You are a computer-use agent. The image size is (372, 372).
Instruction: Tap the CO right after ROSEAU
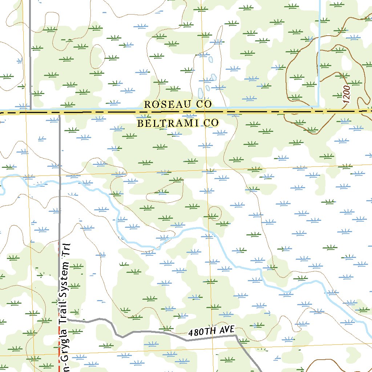click(204, 104)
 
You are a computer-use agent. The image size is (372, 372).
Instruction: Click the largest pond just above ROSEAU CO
click(199, 93)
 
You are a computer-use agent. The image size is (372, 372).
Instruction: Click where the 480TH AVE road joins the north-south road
click(60, 320)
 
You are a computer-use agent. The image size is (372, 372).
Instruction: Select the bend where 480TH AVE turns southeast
click(235, 336)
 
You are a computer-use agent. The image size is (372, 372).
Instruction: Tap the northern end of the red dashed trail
click(59, 241)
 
